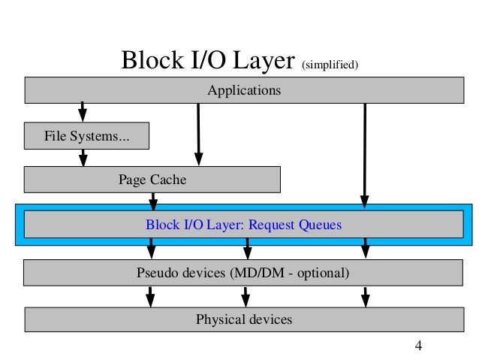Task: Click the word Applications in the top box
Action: [244, 90]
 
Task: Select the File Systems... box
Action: [87, 136]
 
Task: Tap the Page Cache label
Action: [152, 180]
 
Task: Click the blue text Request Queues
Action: [295, 225]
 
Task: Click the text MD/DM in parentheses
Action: [259, 273]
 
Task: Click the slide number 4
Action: [418, 346]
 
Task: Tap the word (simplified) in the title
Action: [330, 65]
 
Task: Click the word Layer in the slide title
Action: [264, 61]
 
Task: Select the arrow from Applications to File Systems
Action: [82, 112]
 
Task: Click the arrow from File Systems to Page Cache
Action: [83, 158]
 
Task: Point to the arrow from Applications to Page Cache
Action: [198, 135]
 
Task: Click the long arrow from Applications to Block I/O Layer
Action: [365, 156]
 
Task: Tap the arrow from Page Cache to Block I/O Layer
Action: [153, 201]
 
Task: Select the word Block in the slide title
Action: [152, 60]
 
